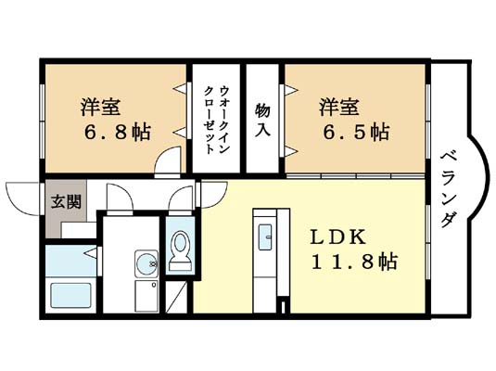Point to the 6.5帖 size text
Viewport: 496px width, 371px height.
click(x=356, y=133)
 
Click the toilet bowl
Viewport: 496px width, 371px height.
click(x=180, y=249)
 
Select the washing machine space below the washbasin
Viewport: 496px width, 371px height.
click(x=144, y=297)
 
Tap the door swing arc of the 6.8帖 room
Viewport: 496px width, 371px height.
click(x=167, y=163)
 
